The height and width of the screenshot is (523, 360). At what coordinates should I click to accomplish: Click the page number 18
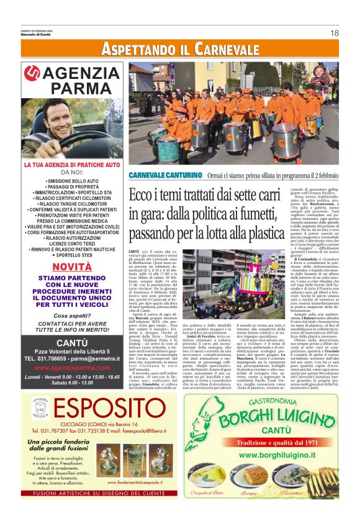335,33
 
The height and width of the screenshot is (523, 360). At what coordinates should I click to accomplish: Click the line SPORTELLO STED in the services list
72,255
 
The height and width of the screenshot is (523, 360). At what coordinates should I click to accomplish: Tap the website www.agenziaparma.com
72,367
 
